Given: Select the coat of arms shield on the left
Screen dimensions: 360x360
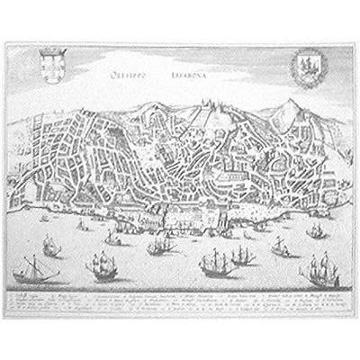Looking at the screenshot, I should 52,66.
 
